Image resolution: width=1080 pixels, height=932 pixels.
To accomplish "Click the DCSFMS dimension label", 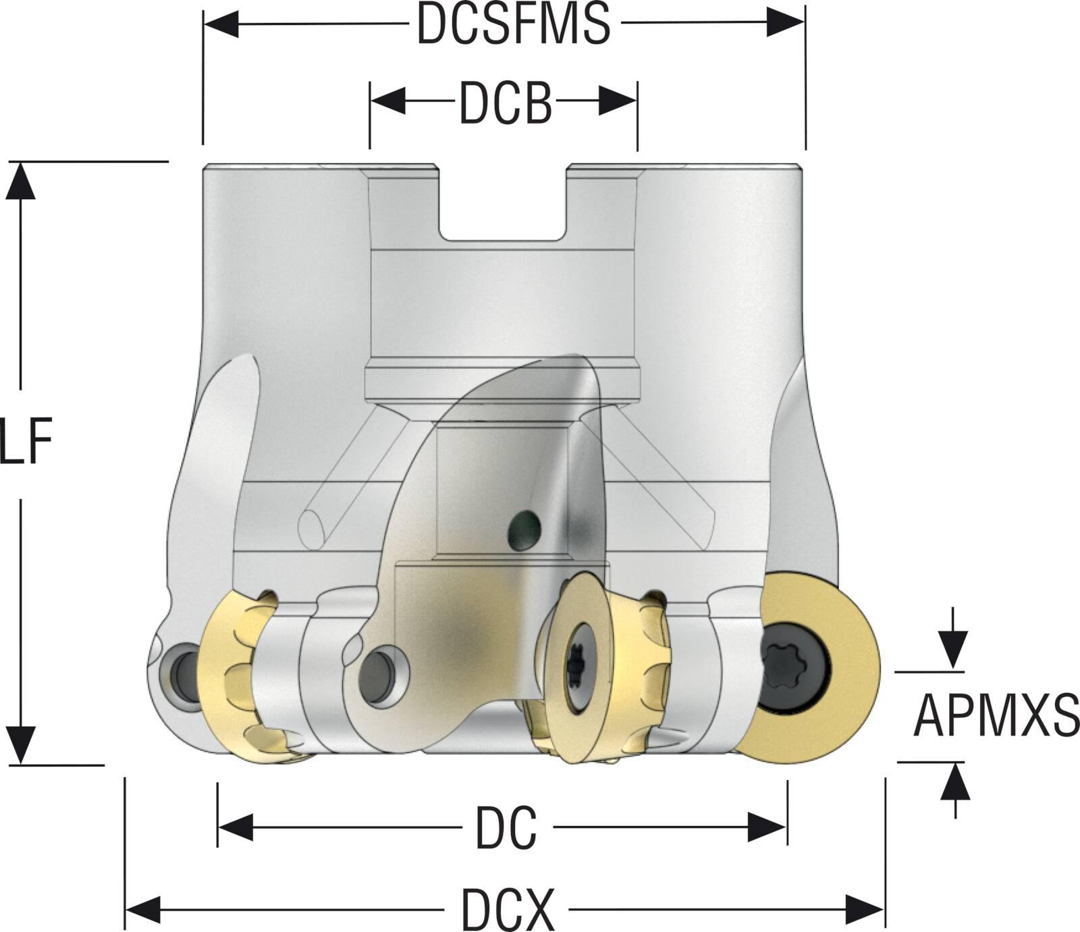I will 513,24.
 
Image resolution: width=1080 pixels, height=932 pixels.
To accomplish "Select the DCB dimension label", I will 506,103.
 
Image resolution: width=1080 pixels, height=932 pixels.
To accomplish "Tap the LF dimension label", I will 26,442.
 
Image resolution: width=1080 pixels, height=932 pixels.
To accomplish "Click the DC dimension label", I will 506,828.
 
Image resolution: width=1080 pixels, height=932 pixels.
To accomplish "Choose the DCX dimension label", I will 508,910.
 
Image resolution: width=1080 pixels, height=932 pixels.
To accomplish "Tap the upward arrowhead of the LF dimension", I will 20,181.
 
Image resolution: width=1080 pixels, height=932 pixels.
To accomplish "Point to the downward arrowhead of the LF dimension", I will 20,746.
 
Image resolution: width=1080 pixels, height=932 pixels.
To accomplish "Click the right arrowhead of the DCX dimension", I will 865,909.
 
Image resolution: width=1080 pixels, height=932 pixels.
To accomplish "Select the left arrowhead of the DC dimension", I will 235,828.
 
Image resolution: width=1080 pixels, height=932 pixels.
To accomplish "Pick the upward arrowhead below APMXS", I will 954,783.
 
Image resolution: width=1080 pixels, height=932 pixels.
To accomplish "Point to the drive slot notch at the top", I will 503,203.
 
